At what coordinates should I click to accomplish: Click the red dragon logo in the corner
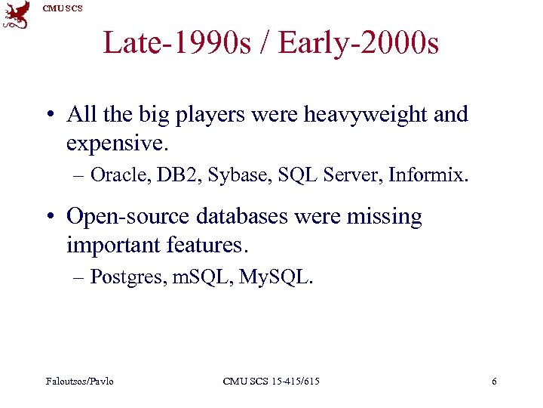(x=17, y=15)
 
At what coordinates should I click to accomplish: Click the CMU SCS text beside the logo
(x=63, y=8)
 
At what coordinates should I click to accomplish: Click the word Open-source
(x=129, y=217)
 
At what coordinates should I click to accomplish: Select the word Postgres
(x=127, y=278)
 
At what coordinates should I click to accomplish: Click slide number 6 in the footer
(x=494, y=381)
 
